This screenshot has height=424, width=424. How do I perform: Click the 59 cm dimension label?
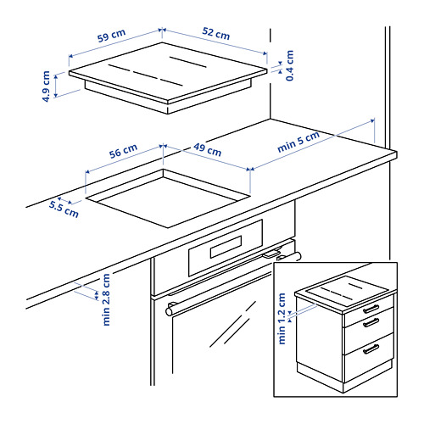tap(111, 36)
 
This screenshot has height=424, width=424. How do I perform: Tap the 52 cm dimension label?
tap(216, 34)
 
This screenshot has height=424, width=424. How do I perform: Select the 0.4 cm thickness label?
tap(290, 65)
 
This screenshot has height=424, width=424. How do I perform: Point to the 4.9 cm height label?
tap(46, 86)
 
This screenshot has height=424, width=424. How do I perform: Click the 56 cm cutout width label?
tap(123, 151)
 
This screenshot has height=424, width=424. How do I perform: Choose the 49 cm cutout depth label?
tap(208, 149)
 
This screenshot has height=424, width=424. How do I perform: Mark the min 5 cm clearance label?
tap(298, 142)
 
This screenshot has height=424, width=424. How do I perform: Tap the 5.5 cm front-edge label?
tap(64, 209)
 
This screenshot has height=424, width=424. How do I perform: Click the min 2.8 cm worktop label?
tap(106, 299)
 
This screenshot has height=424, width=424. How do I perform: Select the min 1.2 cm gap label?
tap(282, 319)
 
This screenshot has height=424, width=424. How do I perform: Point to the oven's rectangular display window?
tap(226, 247)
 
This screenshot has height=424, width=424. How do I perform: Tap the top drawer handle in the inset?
tap(371, 309)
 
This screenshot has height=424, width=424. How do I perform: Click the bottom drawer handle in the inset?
tap(371, 349)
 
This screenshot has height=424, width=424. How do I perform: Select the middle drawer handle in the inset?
tap(371, 323)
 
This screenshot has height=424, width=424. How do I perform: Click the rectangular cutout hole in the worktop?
tap(168, 198)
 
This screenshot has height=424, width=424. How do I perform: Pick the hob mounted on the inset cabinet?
tap(345, 292)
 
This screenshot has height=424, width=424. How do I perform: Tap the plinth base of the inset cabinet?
tap(344, 377)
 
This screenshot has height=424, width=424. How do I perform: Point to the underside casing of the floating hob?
tap(168, 96)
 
